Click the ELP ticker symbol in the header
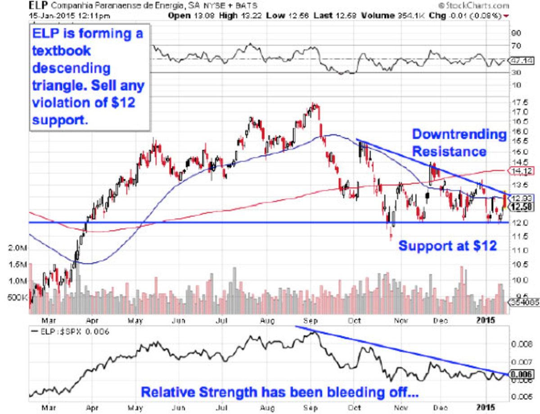[x=37, y=6]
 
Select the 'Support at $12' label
[x=448, y=246]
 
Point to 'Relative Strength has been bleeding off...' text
[x=279, y=392]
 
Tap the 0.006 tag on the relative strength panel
[x=521, y=374]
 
